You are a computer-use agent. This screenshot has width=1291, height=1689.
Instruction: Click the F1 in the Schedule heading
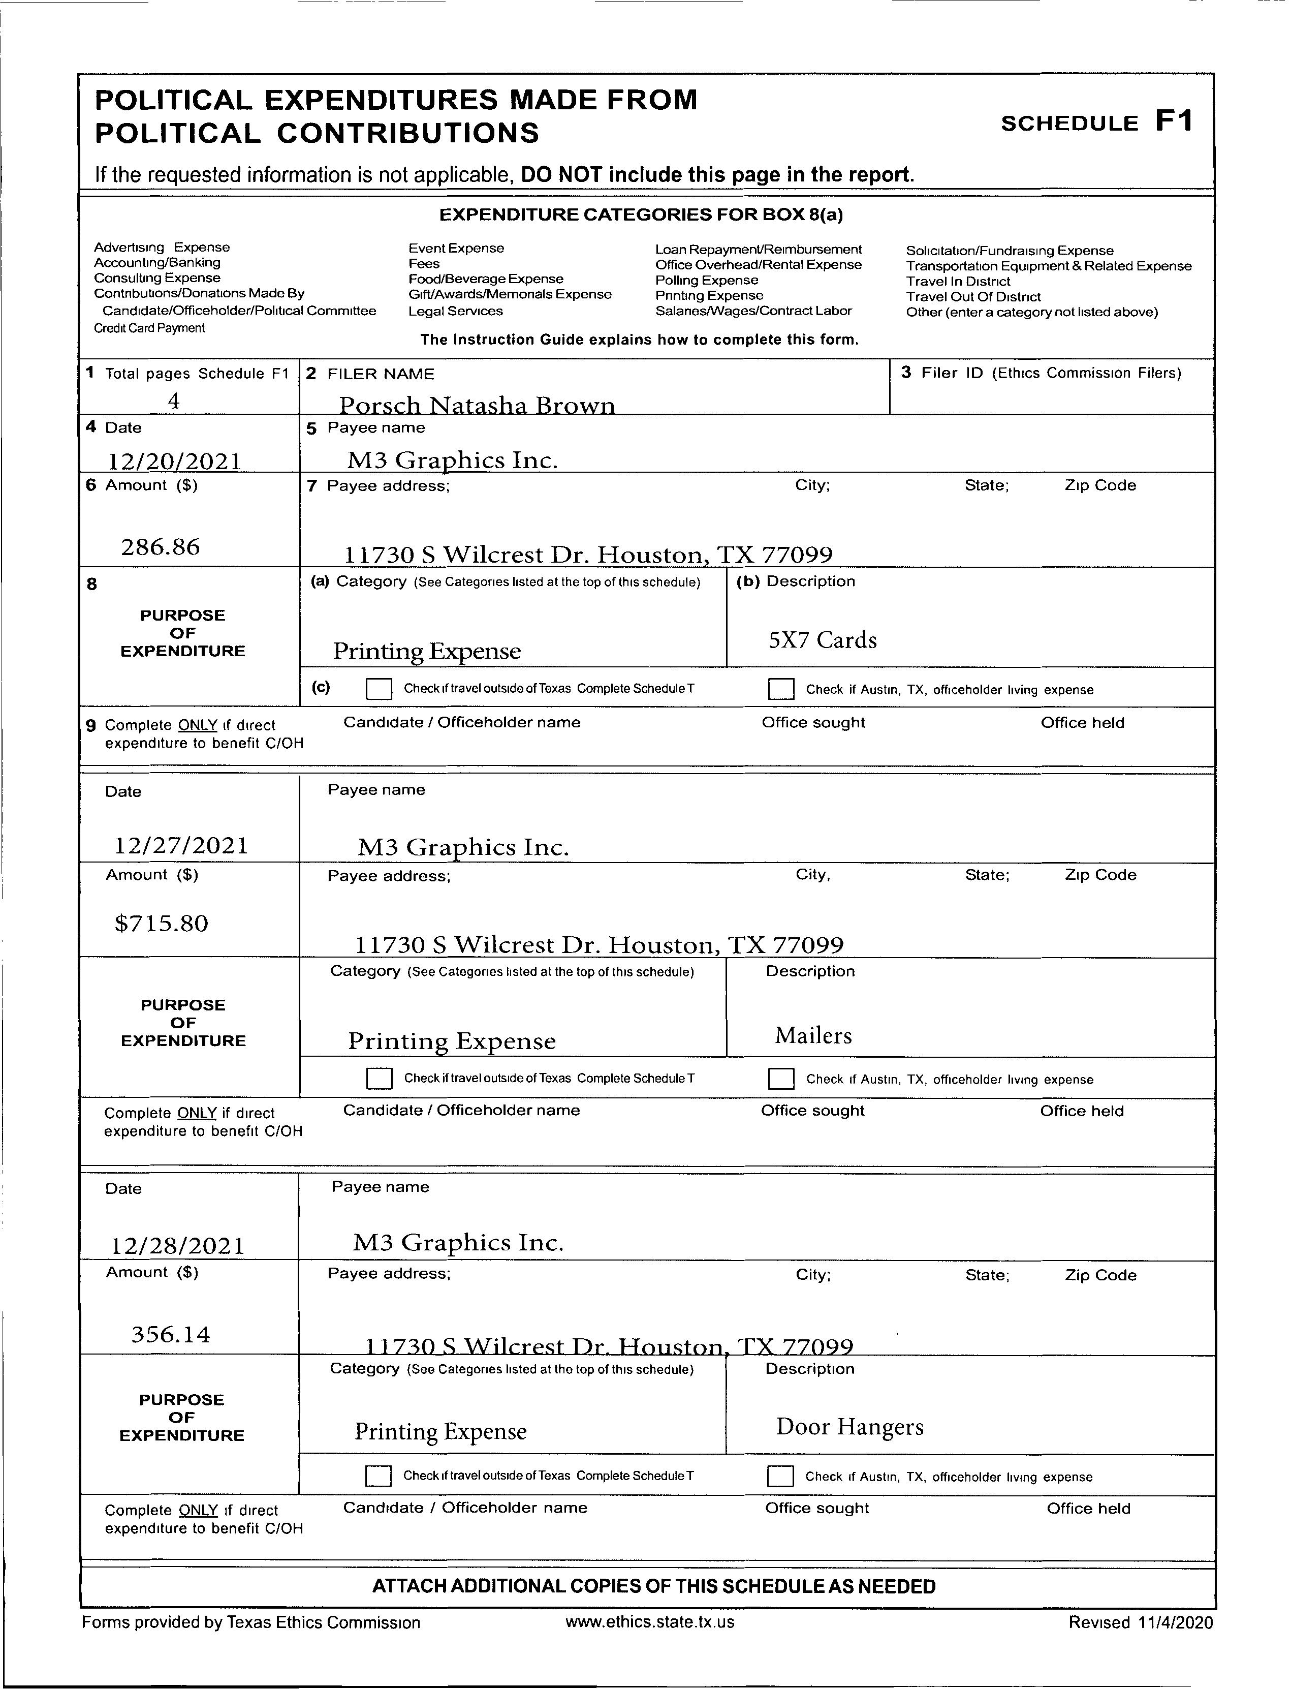[1174, 121]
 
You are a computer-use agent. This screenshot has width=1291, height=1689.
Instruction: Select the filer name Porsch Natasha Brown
[477, 405]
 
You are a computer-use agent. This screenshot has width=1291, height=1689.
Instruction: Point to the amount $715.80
[162, 924]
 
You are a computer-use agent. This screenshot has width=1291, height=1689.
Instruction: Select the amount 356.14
[171, 1334]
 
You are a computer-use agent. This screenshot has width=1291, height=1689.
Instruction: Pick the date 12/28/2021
[178, 1245]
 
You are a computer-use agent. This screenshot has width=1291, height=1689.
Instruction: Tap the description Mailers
[813, 1035]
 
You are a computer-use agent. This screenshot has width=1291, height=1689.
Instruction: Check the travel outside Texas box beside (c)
[379, 688]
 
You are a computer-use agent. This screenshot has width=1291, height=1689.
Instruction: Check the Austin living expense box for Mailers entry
[781, 1079]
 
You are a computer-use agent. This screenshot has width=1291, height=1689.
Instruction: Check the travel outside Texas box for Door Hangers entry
[377, 1476]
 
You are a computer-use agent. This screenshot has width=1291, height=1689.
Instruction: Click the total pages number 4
[174, 401]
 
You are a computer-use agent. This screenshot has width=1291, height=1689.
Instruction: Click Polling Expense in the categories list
[706, 280]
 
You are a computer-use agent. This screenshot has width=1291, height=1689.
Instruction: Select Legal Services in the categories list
[455, 311]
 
